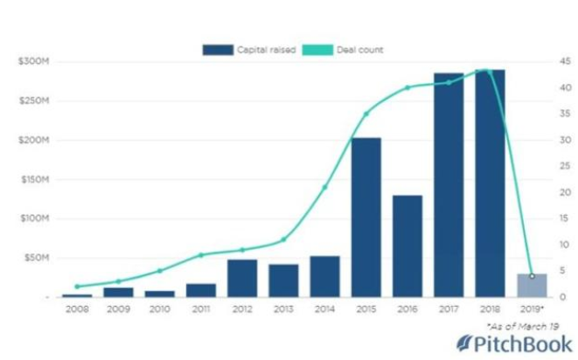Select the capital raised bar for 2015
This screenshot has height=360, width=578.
(x=366, y=218)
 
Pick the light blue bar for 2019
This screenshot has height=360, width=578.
(x=531, y=286)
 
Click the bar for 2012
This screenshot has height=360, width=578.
(x=242, y=278)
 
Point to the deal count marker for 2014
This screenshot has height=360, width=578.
(x=324, y=187)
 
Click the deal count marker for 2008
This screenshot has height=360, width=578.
(x=77, y=287)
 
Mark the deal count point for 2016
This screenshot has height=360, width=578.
(x=407, y=87)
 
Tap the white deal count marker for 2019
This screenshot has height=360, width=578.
(x=531, y=276)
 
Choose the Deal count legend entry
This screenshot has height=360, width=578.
(x=343, y=50)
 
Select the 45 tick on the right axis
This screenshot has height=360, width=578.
(x=567, y=61)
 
